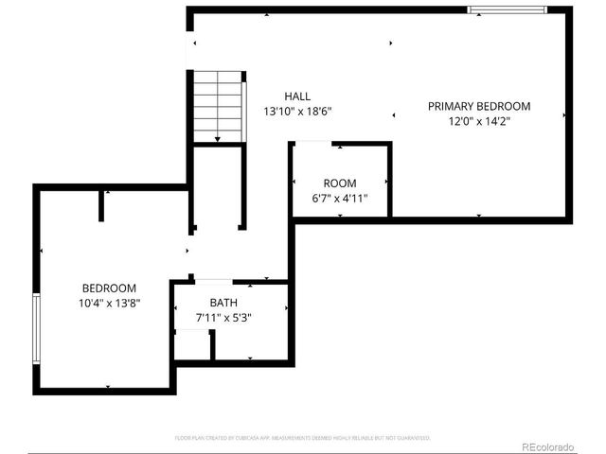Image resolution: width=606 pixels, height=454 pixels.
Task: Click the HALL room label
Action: click(297, 96)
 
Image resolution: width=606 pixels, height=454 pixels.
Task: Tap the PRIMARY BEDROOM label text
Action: click(478, 107)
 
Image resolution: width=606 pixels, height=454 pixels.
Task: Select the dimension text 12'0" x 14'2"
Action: click(478, 121)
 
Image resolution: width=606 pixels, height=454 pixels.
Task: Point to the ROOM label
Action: click(340, 183)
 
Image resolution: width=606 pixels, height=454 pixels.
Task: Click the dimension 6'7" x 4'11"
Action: click(340, 199)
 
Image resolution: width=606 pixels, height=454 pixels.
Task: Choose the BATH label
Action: click(223, 303)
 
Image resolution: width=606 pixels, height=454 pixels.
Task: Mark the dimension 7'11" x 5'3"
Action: click(223, 318)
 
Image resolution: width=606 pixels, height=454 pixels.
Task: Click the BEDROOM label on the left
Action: click(109, 288)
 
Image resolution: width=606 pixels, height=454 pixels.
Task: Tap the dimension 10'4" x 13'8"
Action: click(109, 304)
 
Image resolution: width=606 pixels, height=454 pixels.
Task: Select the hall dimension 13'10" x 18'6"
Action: click(297, 112)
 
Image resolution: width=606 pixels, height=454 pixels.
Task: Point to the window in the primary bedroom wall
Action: click(508, 10)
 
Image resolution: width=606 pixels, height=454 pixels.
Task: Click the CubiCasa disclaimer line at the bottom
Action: click(303, 438)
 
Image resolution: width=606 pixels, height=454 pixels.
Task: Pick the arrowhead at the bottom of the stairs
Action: click(218, 140)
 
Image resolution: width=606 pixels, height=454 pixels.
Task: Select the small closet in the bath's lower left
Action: click(192, 344)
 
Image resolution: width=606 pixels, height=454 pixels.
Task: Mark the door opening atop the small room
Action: click(312, 144)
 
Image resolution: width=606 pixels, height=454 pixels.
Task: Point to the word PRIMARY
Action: click(451, 107)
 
